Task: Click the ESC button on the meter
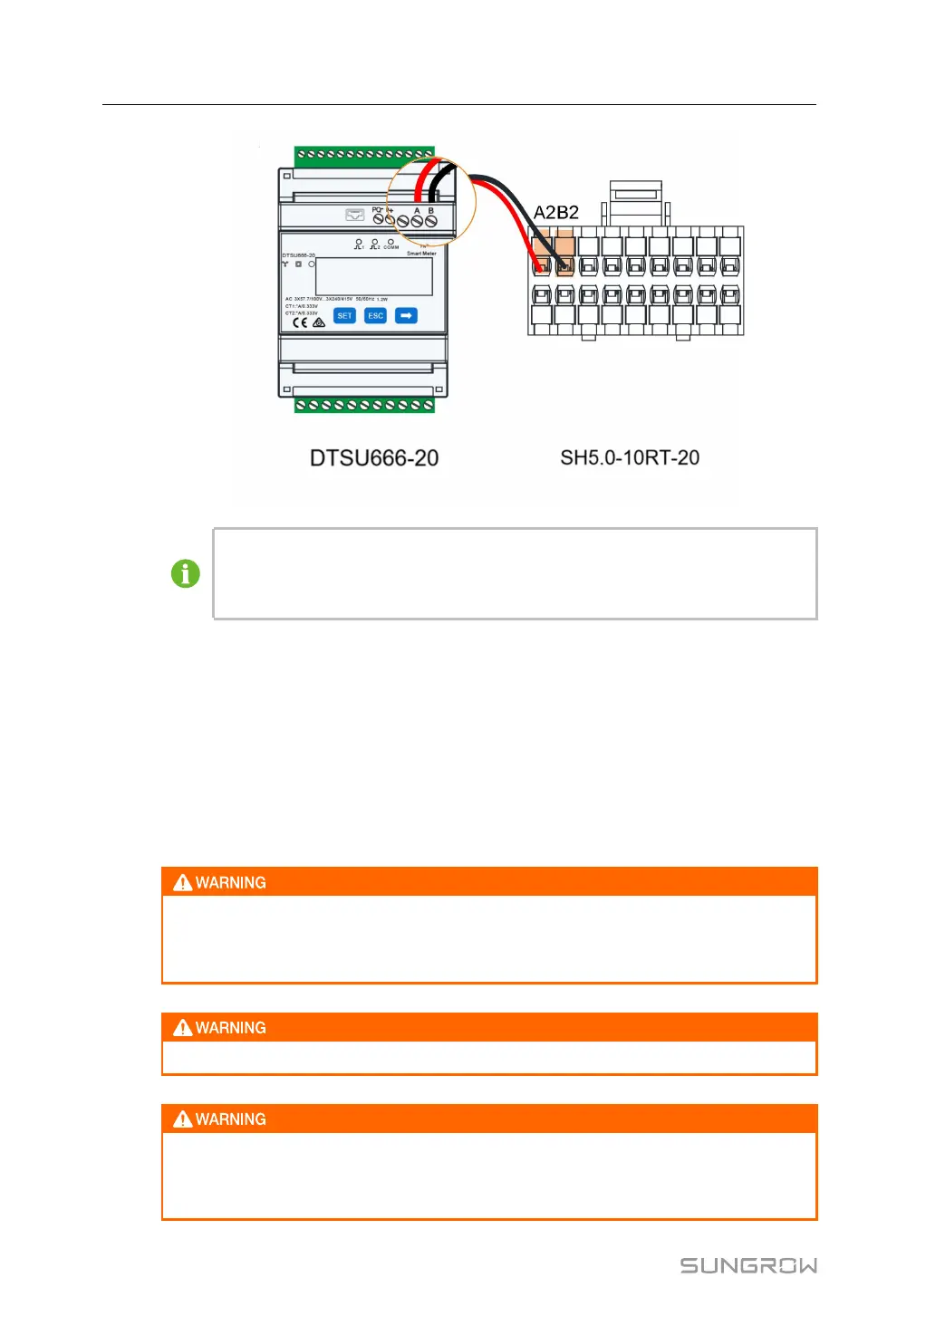coord(375,316)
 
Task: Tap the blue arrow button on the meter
coord(406,316)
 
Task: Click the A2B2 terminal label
coord(555,213)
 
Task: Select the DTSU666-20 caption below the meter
coord(373,458)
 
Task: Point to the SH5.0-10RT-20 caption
coord(630,458)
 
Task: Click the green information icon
coord(186,573)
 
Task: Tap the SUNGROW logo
coord(748,1265)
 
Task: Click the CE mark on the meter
coord(300,322)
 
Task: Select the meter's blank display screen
coord(373,276)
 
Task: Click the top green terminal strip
coord(364,155)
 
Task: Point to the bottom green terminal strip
coord(364,405)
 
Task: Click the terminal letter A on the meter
coord(417,211)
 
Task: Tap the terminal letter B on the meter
coord(431,211)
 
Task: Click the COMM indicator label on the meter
coord(391,246)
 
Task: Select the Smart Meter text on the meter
coord(421,254)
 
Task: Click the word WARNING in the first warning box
coord(231,883)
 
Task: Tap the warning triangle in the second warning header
coord(183,1028)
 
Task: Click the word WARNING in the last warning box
coord(231,1119)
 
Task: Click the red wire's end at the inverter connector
coord(540,266)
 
